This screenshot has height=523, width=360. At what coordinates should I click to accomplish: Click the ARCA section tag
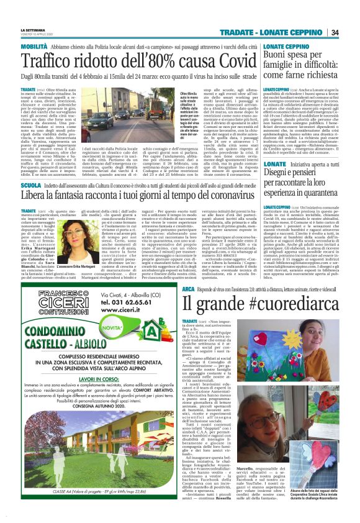click(190, 289)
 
